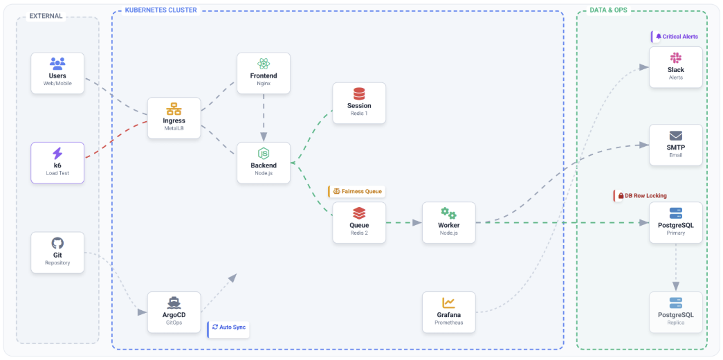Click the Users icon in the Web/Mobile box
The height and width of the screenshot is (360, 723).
click(x=57, y=64)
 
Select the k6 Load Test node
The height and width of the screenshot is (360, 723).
click(x=57, y=163)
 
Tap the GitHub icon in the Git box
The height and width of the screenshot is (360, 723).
click(x=57, y=243)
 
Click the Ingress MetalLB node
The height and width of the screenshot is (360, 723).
click(x=174, y=118)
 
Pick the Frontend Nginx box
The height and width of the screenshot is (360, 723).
click(x=263, y=73)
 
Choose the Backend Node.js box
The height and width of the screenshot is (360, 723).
click(x=263, y=163)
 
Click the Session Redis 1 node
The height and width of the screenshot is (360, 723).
click(x=359, y=103)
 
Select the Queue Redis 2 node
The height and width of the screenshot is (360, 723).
click(x=359, y=222)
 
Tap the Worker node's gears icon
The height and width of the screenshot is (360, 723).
click(x=448, y=213)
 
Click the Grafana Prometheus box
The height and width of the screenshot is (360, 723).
click(x=448, y=312)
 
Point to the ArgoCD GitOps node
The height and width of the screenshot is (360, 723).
click(x=174, y=312)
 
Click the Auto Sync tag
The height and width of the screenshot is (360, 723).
click(x=229, y=327)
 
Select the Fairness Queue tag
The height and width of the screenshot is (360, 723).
click(x=357, y=191)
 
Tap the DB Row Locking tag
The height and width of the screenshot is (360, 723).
click(x=642, y=196)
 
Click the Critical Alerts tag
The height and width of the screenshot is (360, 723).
click(x=676, y=37)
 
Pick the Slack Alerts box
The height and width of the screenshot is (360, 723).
click(x=676, y=67)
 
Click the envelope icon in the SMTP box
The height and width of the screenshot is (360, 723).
click(x=676, y=136)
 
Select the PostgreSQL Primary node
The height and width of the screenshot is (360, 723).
click(x=676, y=222)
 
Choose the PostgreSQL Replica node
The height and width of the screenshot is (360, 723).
click(x=676, y=312)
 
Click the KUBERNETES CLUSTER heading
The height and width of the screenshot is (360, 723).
click(x=161, y=10)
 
